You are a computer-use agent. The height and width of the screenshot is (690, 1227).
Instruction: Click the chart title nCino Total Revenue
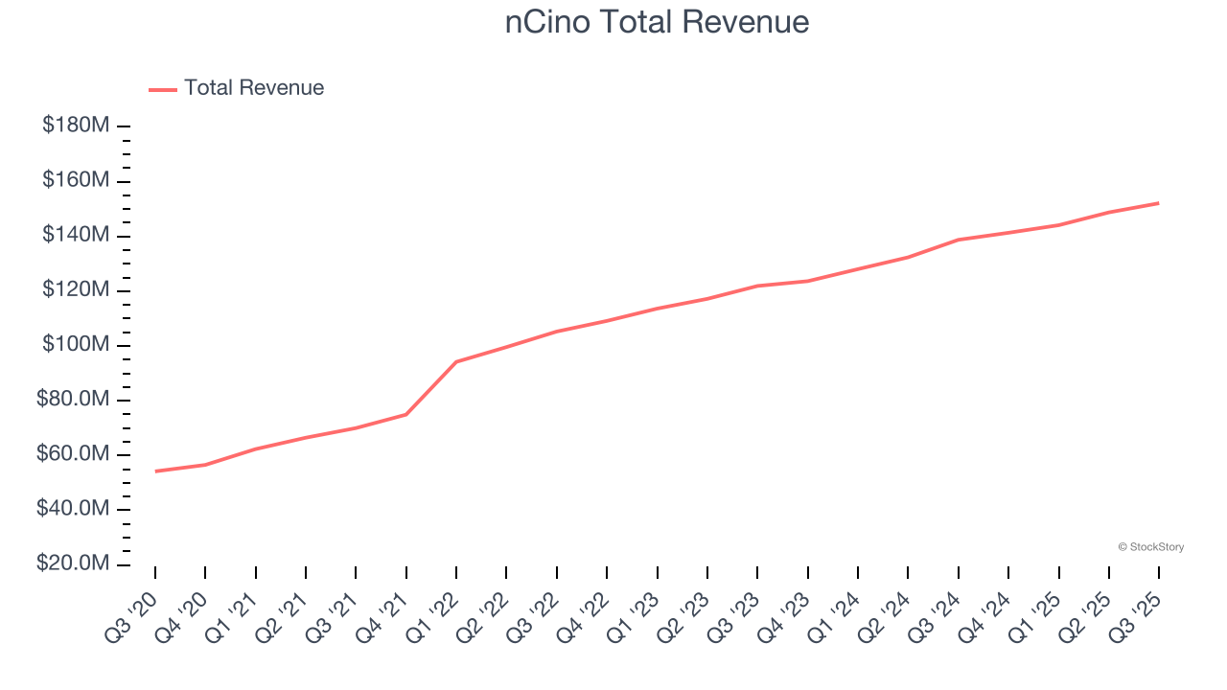(x=657, y=21)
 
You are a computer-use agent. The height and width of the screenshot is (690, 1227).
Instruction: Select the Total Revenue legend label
(x=254, y=88)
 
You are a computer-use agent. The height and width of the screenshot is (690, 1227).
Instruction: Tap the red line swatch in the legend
(x=163, y=89)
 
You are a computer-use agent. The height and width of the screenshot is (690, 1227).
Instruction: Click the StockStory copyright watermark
(x=1150, y=547)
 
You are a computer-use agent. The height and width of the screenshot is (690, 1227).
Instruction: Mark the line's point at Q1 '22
(x=456, y=362)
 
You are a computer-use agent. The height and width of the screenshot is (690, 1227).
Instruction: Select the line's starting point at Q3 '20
(x=155, y=471)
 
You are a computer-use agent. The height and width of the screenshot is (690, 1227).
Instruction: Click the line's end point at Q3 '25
(x=1159, y=203)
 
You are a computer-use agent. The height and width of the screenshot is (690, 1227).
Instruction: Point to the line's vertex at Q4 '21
(x=406, y=414)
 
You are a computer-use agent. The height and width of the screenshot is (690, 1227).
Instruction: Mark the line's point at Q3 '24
(x=959, y=240)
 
